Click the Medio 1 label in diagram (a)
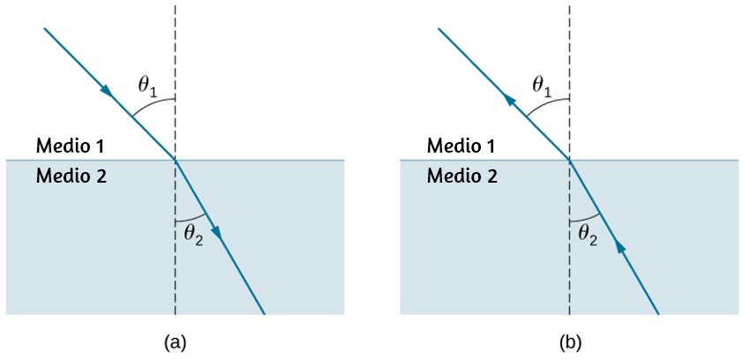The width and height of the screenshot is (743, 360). (x=71, y=146)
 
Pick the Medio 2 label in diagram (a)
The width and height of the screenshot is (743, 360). (x=71, y=176)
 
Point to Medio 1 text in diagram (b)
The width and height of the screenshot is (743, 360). (x=462, y=146)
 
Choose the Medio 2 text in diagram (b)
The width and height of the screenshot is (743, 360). (x=462, y=176)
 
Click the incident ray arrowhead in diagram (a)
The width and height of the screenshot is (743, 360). (x=108, y=91)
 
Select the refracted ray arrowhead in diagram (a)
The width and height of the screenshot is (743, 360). (x=216, y=232)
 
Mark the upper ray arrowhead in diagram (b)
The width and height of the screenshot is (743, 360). (x=508, y=99)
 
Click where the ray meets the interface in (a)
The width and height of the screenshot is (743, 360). (x=175, y=160)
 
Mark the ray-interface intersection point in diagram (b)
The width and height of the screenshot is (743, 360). (x=569, y=160)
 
